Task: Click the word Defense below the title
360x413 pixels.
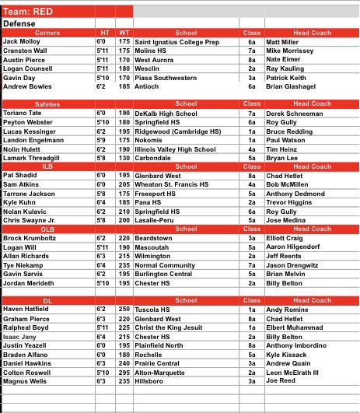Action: [21, 24]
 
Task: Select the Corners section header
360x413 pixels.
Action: [47, 33]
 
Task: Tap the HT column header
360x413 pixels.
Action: [101, 33]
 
